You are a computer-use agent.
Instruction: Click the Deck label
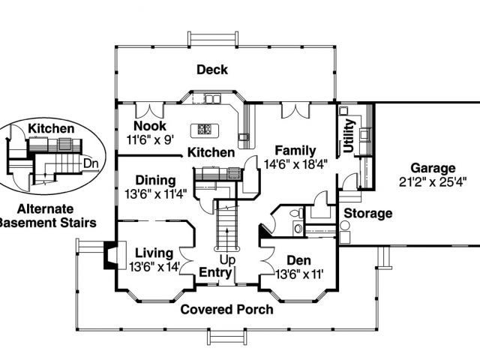pos(212,70)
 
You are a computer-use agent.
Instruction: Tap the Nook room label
pos(150,126)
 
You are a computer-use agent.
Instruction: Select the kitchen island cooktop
pos(205,129)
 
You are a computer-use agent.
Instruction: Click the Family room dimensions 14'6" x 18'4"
pos(296,164)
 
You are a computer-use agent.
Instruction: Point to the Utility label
pos(349,136)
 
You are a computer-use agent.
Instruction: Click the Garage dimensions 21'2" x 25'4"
pos(433,182)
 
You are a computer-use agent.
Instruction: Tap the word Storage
pos(368,213)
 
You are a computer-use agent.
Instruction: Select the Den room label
pos(298,260)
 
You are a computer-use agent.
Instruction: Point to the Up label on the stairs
pos(227,260)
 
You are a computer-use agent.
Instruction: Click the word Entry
pos(215,272)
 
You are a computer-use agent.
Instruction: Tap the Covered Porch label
pos(226,310)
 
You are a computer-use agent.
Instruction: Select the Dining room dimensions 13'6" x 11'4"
pos(155,193)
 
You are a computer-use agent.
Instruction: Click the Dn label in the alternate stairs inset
pos(91,163)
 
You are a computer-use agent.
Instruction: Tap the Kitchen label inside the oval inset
pos(51,128)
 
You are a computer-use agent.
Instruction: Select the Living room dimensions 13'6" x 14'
pos(154,267)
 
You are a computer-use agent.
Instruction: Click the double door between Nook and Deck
pos(149,110)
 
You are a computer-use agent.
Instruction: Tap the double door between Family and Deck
pos(295,110)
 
